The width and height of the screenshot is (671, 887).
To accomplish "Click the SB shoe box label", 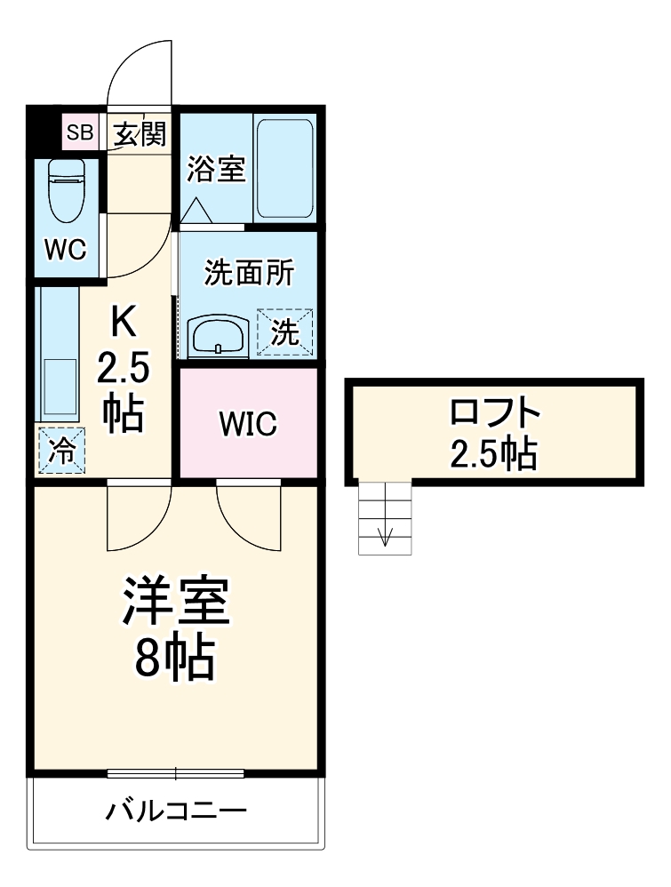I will [x=80, y=133].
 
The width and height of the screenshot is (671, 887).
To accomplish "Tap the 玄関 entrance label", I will [x=140, y=134].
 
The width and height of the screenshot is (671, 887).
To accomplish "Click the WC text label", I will [x=66, y=252].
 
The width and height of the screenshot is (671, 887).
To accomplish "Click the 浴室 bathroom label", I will [x=215, y=170].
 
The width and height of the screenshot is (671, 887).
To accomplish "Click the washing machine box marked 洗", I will [x=285, y=332].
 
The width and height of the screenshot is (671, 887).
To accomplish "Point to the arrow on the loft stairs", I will [x=386, y=536].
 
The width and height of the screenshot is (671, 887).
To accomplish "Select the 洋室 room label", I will [x=177, y=605].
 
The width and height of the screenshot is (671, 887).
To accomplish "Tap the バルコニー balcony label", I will [x=176, y=811].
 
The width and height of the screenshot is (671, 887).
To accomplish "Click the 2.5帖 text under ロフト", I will [x=493, y=454].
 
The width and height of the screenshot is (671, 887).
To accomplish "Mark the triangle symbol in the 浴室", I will [x=197, y=210].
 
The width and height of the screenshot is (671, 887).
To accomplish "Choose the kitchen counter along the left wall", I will [x=59, y=356].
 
